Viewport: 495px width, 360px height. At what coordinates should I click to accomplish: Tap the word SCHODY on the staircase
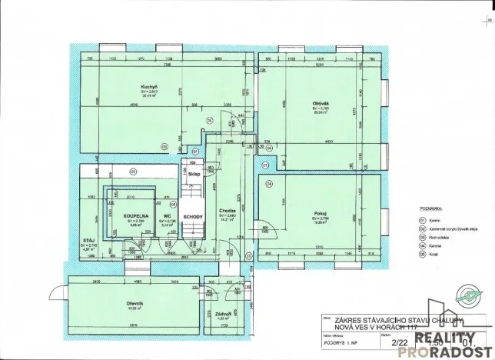coord(193,217)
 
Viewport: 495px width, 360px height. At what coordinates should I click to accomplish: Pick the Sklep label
coord(194,175)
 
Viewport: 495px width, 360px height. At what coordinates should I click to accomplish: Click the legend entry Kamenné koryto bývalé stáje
coord(453,228)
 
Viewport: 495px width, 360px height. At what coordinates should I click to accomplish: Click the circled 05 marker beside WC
coord(174,205)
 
